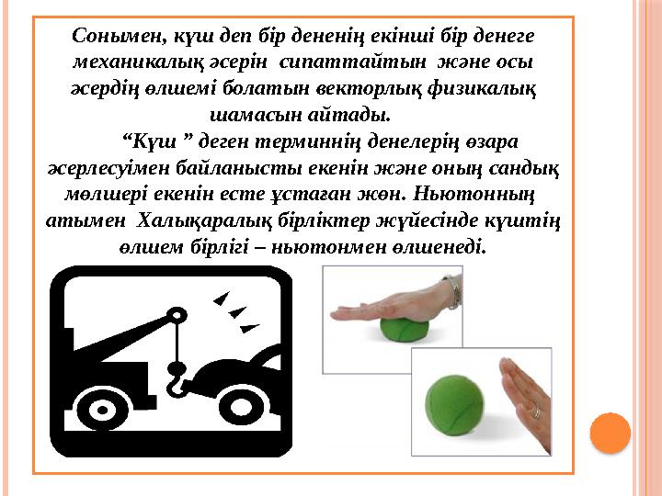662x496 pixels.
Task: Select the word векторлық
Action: pos(367,90)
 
